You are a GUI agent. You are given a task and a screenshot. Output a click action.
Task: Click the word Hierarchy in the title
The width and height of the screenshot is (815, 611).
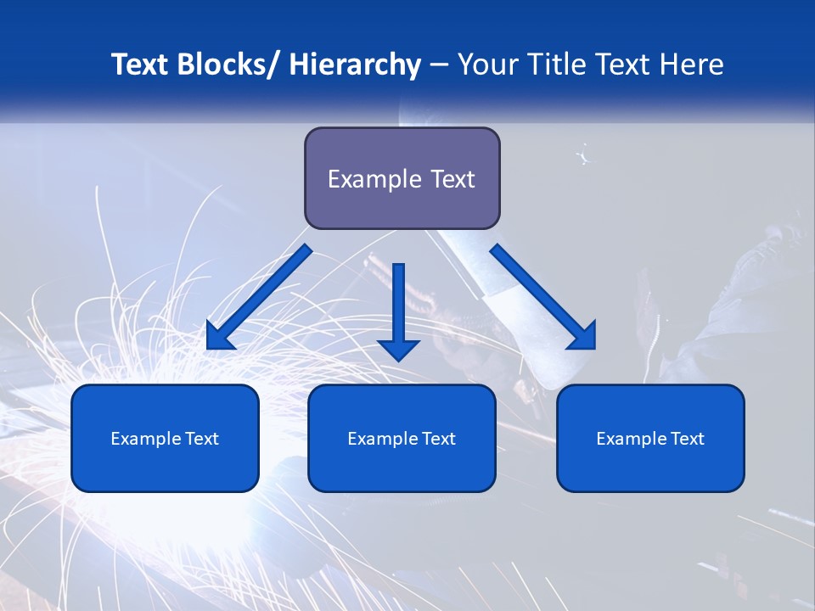(x=355, y=65)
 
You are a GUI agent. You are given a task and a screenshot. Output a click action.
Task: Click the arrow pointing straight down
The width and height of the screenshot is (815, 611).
(x=398, y=314)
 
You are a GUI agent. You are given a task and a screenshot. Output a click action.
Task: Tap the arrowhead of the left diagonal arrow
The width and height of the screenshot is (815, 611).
(x=219, y=338)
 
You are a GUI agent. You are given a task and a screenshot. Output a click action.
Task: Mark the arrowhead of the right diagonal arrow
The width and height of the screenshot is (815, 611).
(x=582, y=336)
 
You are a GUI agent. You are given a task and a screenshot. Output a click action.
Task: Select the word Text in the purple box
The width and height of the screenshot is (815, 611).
(x=450, y=179)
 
